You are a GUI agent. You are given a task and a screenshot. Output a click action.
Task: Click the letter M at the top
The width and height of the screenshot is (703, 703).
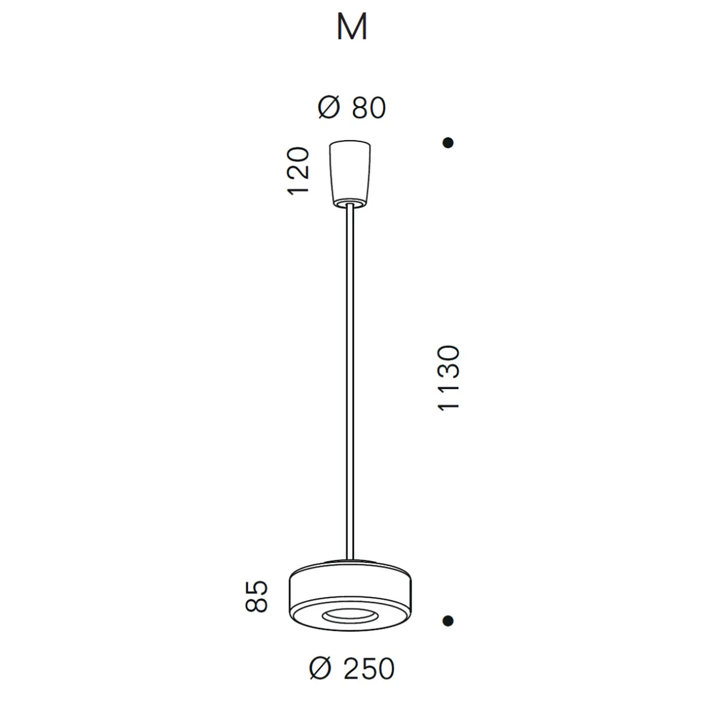[x=351, y=28]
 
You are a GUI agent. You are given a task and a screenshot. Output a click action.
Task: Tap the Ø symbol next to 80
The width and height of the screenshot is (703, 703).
[x=329, y=108]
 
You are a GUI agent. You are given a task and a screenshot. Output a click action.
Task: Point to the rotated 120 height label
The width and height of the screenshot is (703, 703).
[x=299, y=171]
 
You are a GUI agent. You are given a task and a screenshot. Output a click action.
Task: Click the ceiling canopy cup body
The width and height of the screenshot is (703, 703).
[x=350, y=170]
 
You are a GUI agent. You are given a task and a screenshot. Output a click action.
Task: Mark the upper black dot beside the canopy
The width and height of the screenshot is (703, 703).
[x=448, y=143]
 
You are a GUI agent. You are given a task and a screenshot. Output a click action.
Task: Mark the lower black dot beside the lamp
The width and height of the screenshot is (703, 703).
[x=448, y=621]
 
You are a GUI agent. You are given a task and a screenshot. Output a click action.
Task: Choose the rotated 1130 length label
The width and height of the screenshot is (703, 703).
[x=450, y=379]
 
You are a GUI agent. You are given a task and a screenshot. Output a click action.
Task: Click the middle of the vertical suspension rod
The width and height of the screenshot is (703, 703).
[x=350, y=382]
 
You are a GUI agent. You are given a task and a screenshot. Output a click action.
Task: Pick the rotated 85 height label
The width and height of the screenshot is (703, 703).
[x=257, y=596]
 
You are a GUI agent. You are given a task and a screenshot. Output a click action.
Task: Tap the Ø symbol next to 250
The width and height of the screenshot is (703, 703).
[x=321, y=669]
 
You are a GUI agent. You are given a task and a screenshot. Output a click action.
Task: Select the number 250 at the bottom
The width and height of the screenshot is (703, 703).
[x=368, y=669]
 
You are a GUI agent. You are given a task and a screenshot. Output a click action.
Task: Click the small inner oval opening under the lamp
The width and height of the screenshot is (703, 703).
[x=348, y=616]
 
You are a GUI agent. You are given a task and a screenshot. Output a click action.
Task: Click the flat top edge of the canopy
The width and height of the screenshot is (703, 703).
[x=350, y=143]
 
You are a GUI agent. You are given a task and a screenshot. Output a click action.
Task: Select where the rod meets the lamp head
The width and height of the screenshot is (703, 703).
[x=350, y=559]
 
